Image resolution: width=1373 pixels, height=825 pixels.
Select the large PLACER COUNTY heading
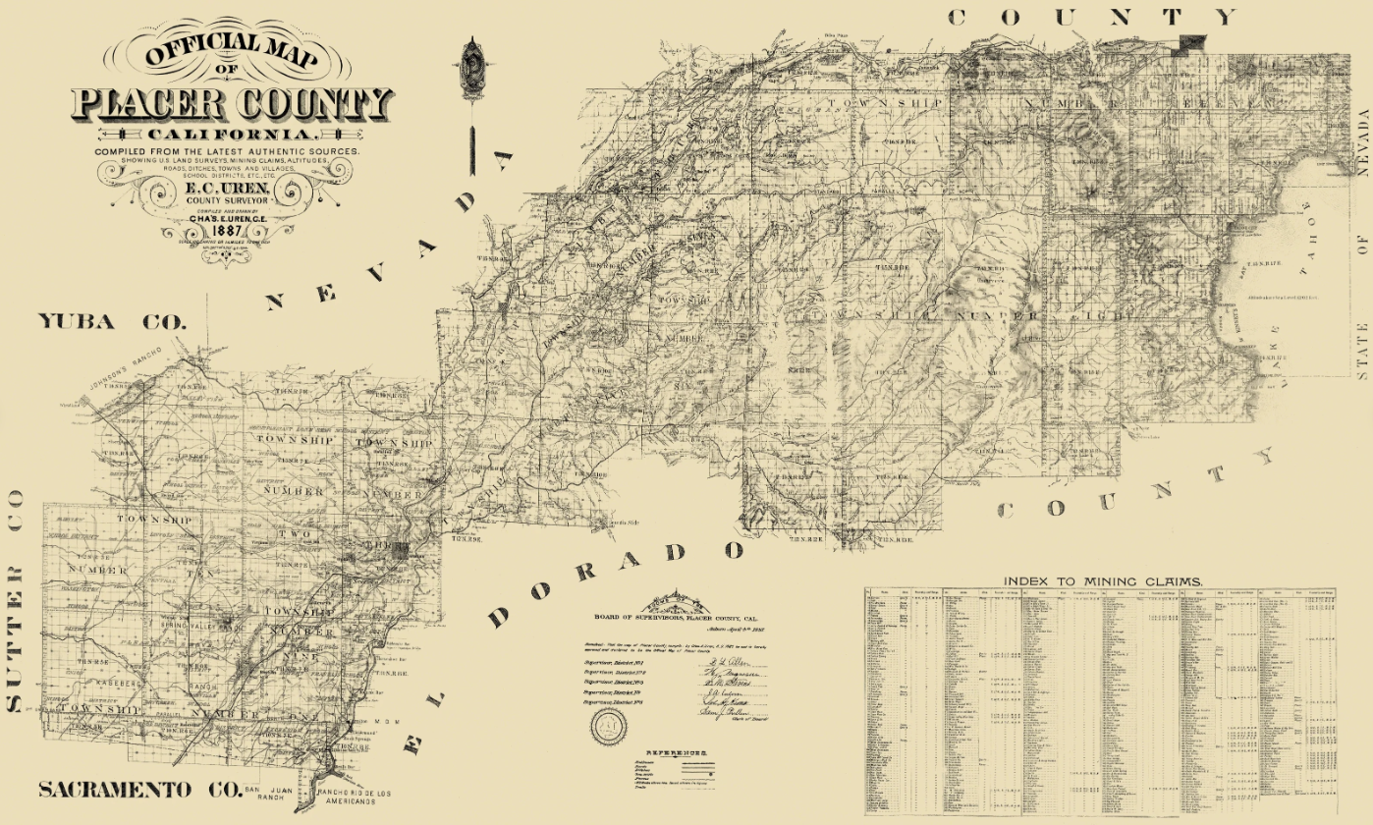[x=232, y=102]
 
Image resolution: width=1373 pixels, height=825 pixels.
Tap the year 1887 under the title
[x=232, y=232]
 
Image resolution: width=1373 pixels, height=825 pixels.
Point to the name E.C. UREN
[x=232, y=187]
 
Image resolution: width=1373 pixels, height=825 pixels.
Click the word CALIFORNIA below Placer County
[x=232, y=134]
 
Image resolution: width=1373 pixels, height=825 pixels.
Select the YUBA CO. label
[x=111, y=321]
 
